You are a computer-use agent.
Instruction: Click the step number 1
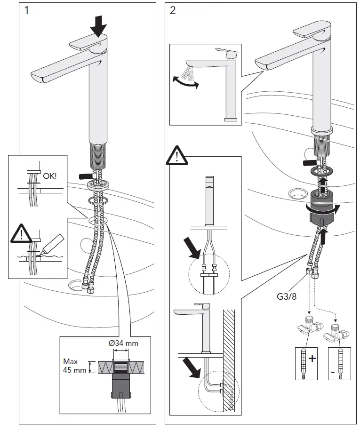(26, 10)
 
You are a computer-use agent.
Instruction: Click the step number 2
(173, 10)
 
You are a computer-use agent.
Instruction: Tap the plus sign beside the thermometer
(312, 359)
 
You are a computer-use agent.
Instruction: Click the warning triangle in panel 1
(19, 233)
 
